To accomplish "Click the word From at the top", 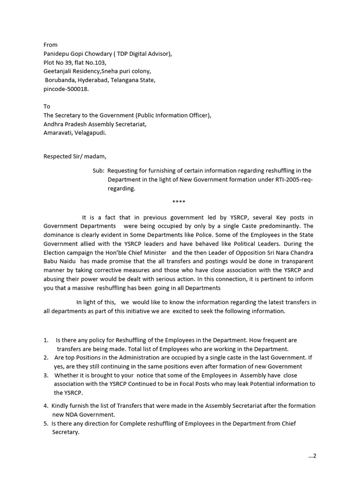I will pos(51,45).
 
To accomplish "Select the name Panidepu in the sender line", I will pos(58,54).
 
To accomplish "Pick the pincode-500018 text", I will pos(66,89).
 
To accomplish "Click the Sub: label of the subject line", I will pos(98,171).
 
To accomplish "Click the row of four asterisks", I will pos(179,202).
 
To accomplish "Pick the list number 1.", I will pos(45,340).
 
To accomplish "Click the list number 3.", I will pos(45,375).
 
